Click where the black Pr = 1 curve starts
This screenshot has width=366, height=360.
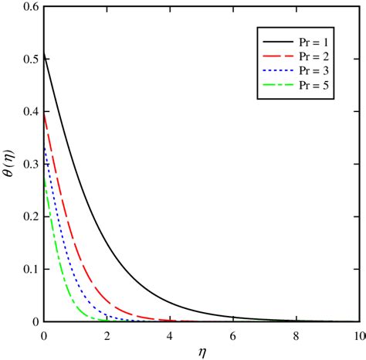[44, 52]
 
